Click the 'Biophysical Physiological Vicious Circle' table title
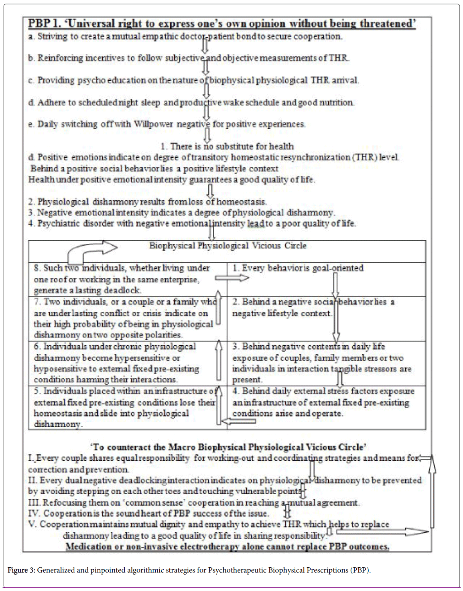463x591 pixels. click(x=227, y=246)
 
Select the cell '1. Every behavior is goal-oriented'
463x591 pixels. click(x=298, y=268)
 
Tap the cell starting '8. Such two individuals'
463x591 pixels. click(x=122, y=279)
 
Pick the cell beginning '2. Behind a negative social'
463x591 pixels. click(x=313, y=307)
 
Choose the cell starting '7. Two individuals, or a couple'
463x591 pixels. click(x=124, y=318)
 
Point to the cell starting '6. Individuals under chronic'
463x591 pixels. click(x=116, y=363)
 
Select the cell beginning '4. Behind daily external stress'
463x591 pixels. click(x=323, y=402)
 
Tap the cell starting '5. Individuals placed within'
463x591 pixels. click(x=124, y=407)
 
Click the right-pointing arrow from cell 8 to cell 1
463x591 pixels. click(x=231, y=278)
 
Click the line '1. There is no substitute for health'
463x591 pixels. click(x=227, y=146)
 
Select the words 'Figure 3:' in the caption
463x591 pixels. click(x=21, y=570)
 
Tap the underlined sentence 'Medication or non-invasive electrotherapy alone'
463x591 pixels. click(x=227, y=546)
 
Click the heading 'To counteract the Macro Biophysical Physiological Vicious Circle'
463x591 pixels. click(x=228, y=447)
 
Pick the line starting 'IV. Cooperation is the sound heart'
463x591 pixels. click(x=148, y=513)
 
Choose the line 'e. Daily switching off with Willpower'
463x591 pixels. click(x=167, y=124)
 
